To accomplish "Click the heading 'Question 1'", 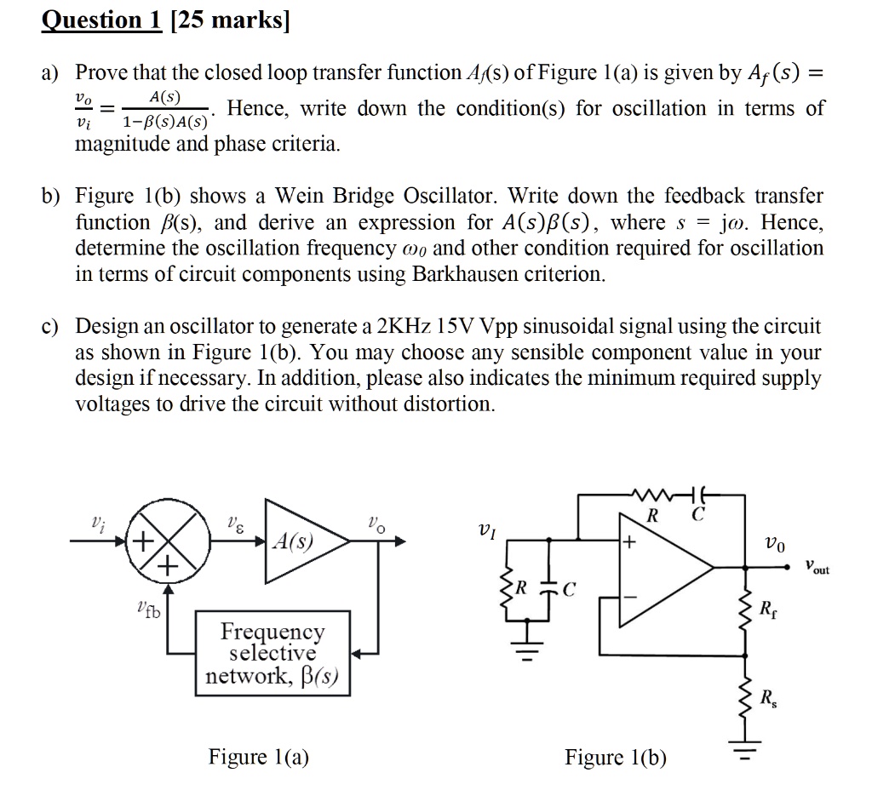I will [x=101, y=20].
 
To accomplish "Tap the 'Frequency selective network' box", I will [x=273, y=653].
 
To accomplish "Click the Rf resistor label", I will [x=768, y=609].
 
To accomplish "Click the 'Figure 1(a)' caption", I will [x=259, y=757].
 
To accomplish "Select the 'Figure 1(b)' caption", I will [x=616, y=758].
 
